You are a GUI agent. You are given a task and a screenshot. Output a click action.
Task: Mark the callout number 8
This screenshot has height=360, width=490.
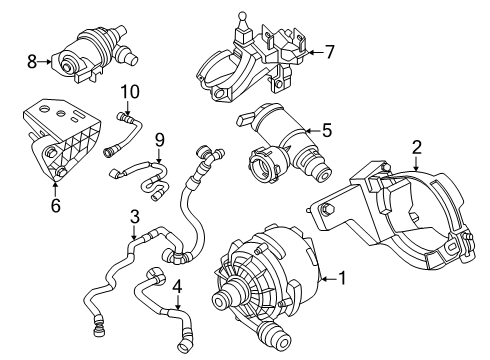pos(31,62)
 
